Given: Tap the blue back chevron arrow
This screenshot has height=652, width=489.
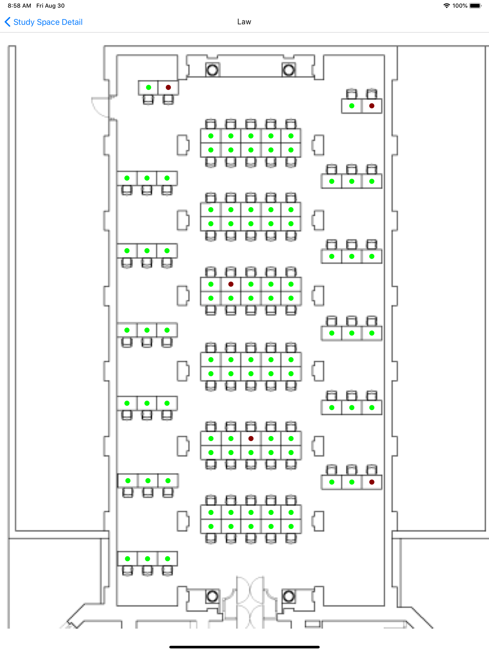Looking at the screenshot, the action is (x=8, y=22).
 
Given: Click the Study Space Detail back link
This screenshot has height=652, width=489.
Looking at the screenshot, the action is (x=48, y=22).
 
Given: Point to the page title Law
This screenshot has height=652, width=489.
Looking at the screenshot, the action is (x=244, y=22).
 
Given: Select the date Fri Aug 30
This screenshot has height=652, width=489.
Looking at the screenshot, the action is (x=50, y=5).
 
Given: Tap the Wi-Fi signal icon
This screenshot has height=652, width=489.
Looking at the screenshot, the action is (x=446, y=5).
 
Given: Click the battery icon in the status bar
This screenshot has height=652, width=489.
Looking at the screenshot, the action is (x=475, y=5).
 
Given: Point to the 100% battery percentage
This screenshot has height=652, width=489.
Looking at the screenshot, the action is (x=460, y=5).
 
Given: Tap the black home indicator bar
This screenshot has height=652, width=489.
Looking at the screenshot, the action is (x=244, y=647).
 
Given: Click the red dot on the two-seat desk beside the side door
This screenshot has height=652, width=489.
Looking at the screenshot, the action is (x=168, y=87).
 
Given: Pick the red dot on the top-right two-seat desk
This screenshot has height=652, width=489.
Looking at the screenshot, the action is (x=372, y=106).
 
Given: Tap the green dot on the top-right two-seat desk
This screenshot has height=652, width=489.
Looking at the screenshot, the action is (x=351, y=106).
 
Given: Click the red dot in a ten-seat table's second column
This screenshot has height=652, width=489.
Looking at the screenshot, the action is (x=231, y=284).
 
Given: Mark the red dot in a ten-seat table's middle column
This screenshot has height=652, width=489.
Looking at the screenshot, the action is (x=251, y=439).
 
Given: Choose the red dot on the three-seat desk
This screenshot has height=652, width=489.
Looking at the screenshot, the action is (x=372, y=482).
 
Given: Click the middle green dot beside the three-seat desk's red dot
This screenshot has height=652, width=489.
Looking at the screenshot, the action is (x=351, y=482).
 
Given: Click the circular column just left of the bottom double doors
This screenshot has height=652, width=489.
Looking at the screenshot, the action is (x=212, y=596).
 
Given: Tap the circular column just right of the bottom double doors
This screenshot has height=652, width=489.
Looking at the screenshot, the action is (x=289, y=596).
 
